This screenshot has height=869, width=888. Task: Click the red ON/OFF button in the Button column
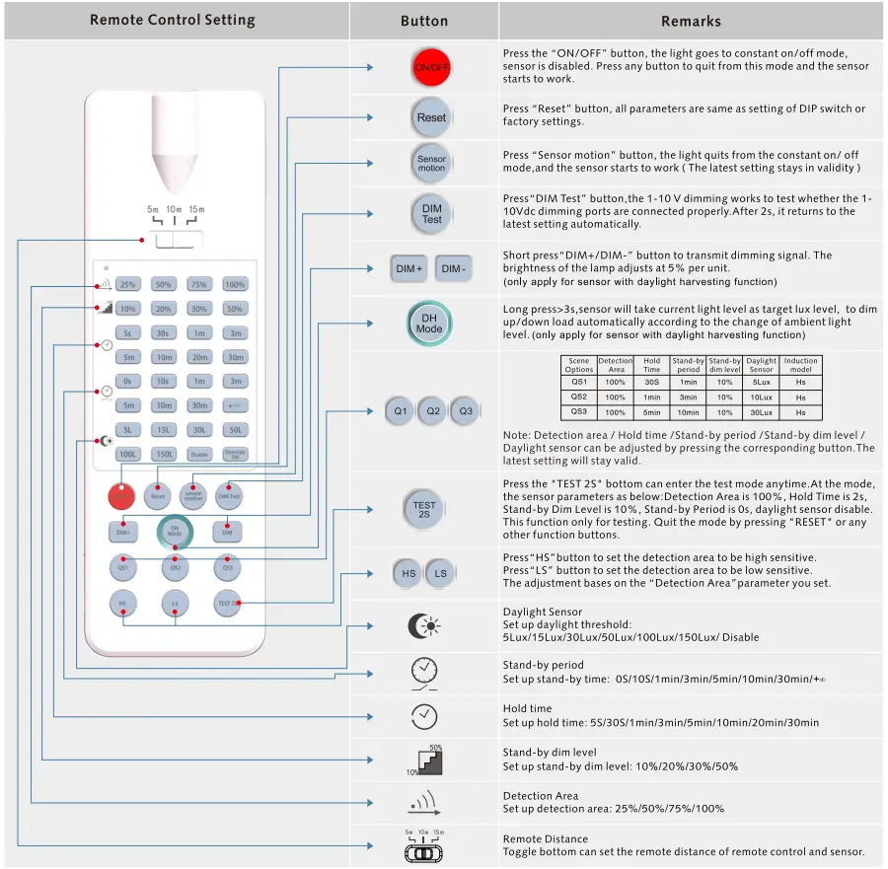pos(431,67)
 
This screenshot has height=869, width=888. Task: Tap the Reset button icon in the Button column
pos(431,117)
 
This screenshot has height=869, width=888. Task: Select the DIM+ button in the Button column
pos(409,268)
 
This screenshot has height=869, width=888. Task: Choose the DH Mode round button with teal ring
pos(429,324)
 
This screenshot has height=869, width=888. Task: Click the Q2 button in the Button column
pos(432,410)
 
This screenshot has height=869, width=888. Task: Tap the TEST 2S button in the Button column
pos(423,510)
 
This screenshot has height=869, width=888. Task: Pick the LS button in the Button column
pos(441,573)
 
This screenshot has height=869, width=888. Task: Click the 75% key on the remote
pos(198,284)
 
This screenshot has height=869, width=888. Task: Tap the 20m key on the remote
pos(198,357)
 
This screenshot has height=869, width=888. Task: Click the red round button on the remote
pos(122,496)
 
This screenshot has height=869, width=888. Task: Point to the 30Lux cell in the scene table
pos(761,412)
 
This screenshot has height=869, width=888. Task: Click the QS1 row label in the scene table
pos(579,382)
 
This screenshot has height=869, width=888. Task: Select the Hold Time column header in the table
pos(652,365)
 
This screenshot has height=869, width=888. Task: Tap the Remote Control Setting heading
pos(172,20)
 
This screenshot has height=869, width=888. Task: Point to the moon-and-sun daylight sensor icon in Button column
pos(425,625)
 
